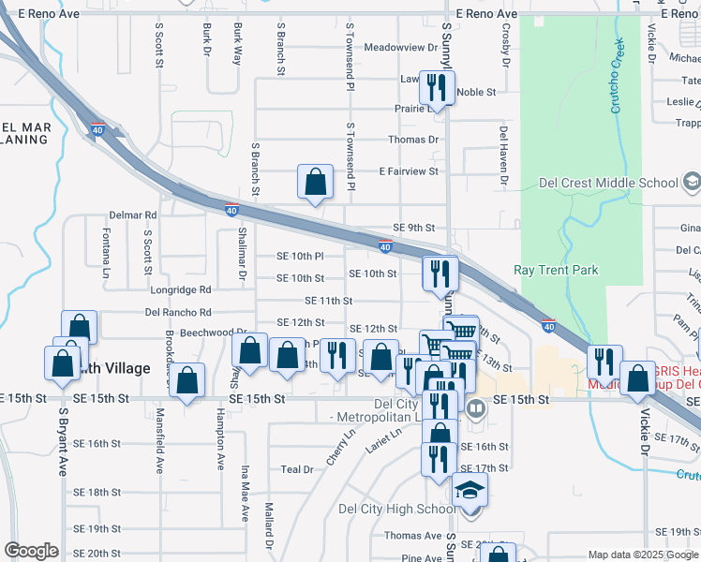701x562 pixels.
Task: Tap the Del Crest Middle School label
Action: (609, 183)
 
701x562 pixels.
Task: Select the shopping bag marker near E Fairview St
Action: (316, 182)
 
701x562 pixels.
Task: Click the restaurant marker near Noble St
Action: (438, 88)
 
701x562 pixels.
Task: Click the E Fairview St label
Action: (408, 171)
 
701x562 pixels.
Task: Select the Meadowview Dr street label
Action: (400, 47)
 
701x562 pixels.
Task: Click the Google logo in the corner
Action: (31, 550)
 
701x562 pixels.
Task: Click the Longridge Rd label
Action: (179, 290)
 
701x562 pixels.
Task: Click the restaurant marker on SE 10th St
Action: (439, 274)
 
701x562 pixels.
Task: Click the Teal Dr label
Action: (296, 470)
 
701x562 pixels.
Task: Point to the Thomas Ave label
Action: (412, 536)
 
